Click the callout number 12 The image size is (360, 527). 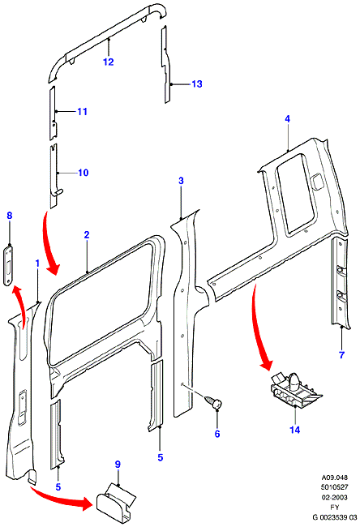pos(109,62)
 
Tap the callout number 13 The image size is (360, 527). pos(197,84)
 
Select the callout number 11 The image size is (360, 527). pos(83,111)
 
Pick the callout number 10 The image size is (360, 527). pos(83,173)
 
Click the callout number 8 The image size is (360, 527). pos(10,215)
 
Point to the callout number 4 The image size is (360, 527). pos(287,118)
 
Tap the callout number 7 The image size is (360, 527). pos(341,354)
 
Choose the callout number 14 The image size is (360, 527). pos(295,430)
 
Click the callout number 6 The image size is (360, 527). pos(217,434)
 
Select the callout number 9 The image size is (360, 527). pos(118,465)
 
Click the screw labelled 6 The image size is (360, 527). pos(213,401)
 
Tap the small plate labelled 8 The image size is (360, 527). pos(9,265)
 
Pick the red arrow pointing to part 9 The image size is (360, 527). pos(61,497)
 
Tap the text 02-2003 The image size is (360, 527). pos(334,497)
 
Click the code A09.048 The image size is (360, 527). pos(334,478)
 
